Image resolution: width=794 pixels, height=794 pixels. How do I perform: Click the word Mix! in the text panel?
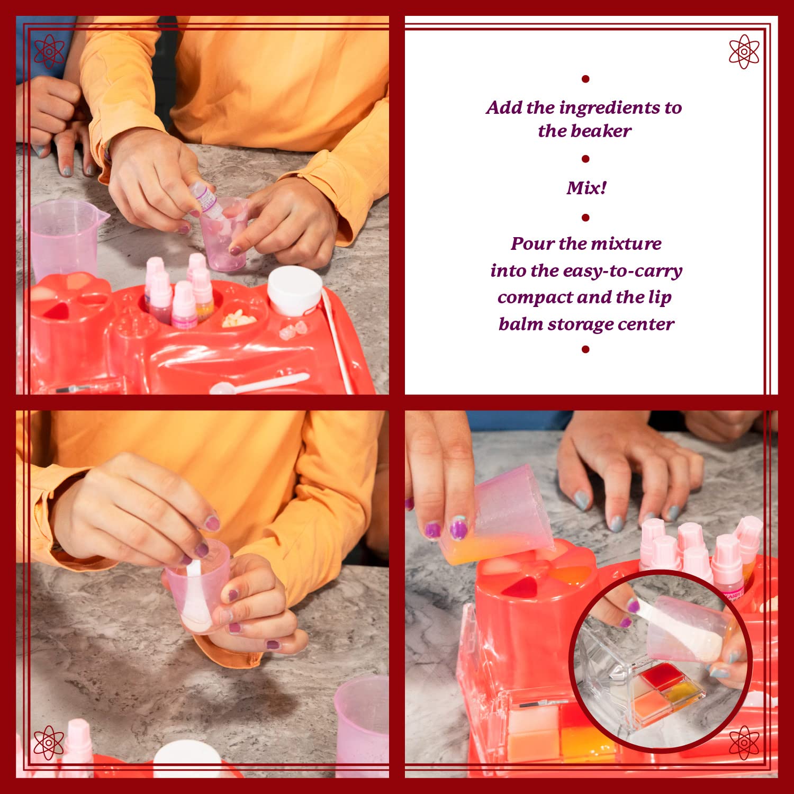coord(586,188)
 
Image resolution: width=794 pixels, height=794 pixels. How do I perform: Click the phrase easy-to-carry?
coord(622,271)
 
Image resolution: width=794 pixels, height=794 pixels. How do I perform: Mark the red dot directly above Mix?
coord(585,159)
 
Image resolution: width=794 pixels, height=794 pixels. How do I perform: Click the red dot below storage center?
coord(585,349)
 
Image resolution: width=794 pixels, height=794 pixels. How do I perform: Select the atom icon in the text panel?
coord(744,52)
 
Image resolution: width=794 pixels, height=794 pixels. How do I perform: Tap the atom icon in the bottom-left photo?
coord(49,742)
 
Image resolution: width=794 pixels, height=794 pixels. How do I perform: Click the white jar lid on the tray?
coord(294,290)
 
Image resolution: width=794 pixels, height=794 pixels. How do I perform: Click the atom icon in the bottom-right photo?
coord(744,742)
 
